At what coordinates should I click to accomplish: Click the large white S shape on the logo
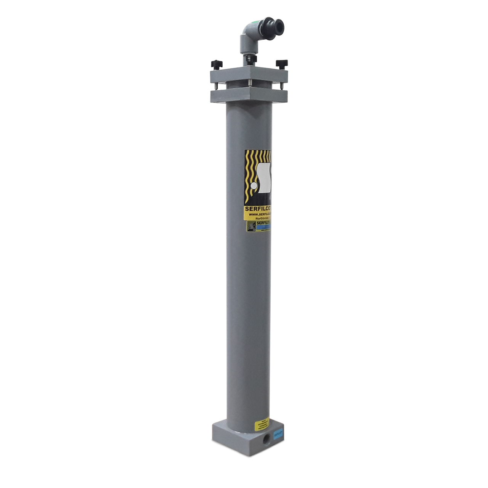pos(263,177)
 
